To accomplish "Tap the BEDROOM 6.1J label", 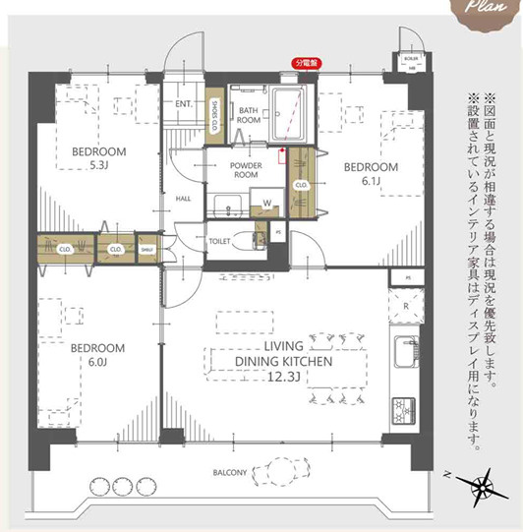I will pyautogui.click(x=371, y=174).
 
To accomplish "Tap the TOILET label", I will pyautogui.click(x=219, y=240).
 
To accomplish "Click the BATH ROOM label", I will pyautogui.click(x=248, y=114).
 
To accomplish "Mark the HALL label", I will pyautogui.click(x=183, y=198).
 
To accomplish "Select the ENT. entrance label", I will pyautogui.click(x=183, y=103).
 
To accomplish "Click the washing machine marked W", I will pyautogui.click(x=265, y=205).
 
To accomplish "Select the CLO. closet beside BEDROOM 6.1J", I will pyautogui.click(x=301, y=183).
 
